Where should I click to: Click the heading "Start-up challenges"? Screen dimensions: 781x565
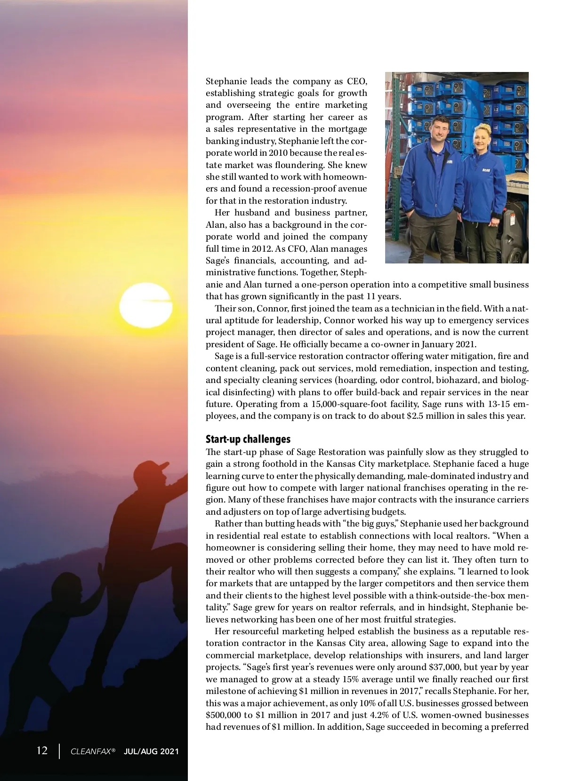coord(248,439)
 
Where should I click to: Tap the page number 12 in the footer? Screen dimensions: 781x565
coord(42,750)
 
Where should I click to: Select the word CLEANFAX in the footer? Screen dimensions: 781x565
coord(91,751)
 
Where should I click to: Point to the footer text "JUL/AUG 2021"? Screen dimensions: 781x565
coord(151,751)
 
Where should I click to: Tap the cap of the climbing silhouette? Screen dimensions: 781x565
coord(161,468)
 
